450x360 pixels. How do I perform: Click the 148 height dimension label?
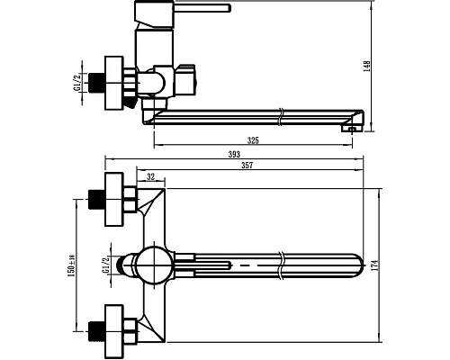click(367, 66)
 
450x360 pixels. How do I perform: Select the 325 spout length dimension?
click(253, 140)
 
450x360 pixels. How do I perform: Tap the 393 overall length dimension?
click(234, 154)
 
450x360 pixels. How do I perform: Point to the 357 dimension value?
click(247, 165)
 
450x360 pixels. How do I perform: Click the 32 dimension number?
click(151, 176)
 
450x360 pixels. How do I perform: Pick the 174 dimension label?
click(375, 265)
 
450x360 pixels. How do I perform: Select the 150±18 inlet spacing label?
click(71, 265)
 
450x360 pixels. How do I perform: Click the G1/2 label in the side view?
click(77, 83)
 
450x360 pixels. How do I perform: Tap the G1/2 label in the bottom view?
click(105, 265)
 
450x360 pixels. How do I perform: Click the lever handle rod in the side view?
click(202, 8)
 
